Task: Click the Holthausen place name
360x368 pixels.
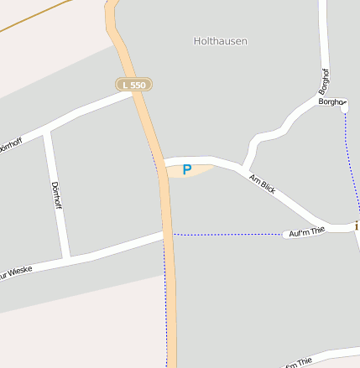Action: point(220,40)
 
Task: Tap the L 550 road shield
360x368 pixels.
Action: point(133,85)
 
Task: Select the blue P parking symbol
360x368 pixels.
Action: point(187,169)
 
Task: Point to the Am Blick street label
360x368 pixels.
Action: point(263,184)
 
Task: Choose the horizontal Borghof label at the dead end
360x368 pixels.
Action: point(332,101)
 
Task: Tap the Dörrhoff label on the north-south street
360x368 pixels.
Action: point(56,195)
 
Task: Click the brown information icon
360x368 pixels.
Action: point(357,225)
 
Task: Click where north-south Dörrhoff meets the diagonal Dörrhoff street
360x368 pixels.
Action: point(48,132)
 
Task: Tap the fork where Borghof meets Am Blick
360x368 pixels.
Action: point(245,168)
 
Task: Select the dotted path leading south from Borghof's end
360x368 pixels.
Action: point(348,151)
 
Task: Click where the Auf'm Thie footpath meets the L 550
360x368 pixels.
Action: point(171,234)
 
